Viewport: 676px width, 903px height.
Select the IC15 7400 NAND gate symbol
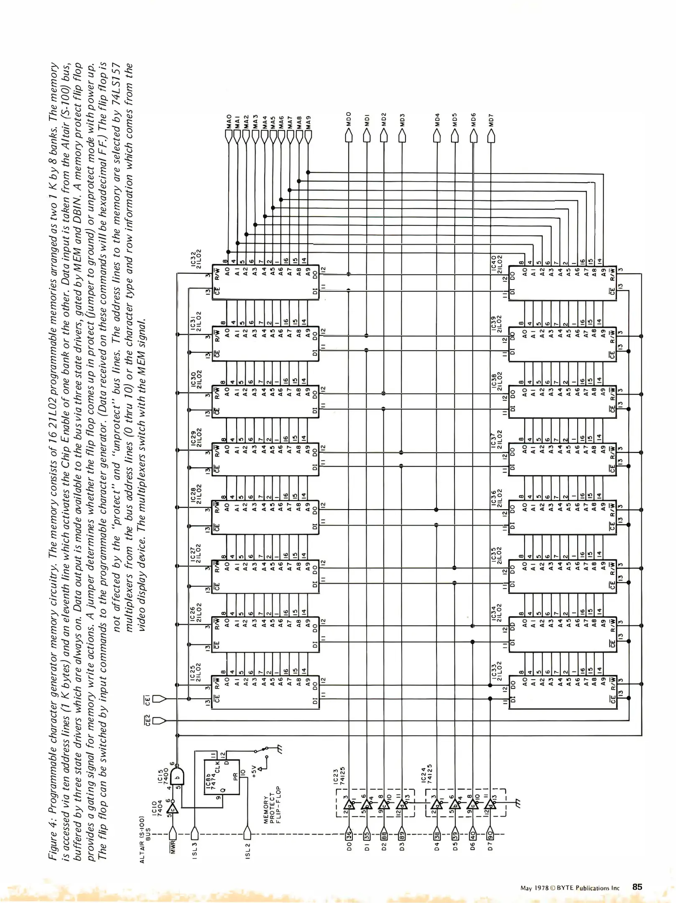tap(177, 778)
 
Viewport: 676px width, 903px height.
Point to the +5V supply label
tap(254, 770)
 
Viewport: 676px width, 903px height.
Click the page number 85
tap(637, 887)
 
